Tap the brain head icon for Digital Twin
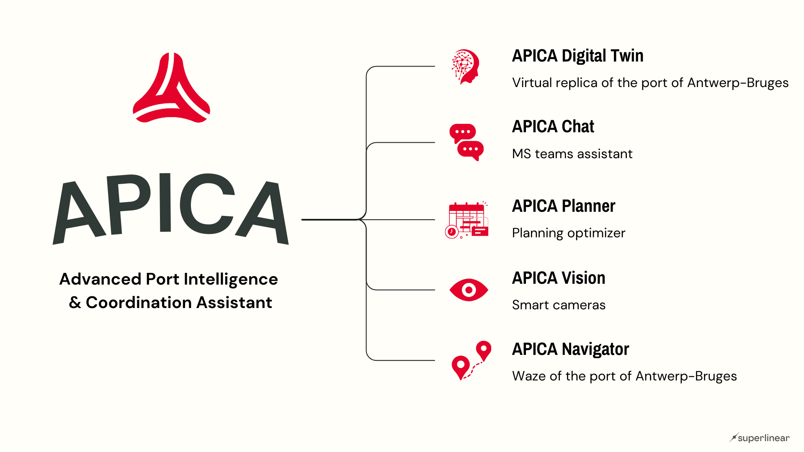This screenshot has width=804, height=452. click(465, 67)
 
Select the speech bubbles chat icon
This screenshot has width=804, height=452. click(466, 142)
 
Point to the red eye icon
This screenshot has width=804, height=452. click(469, 290)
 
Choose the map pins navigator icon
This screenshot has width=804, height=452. click(471, 360)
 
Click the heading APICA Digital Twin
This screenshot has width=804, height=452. click(577, 56)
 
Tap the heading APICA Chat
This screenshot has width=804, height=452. click(553, 126)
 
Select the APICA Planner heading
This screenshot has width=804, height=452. click(564, 206)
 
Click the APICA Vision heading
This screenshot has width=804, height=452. click(559, 278)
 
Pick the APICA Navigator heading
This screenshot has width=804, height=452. click(570, 349)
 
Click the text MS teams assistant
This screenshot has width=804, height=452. click(572, 154)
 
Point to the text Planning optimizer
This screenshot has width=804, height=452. click(569, 233)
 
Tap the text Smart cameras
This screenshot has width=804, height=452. click(559, 305)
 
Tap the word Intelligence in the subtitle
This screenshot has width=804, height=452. click(231, 279)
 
